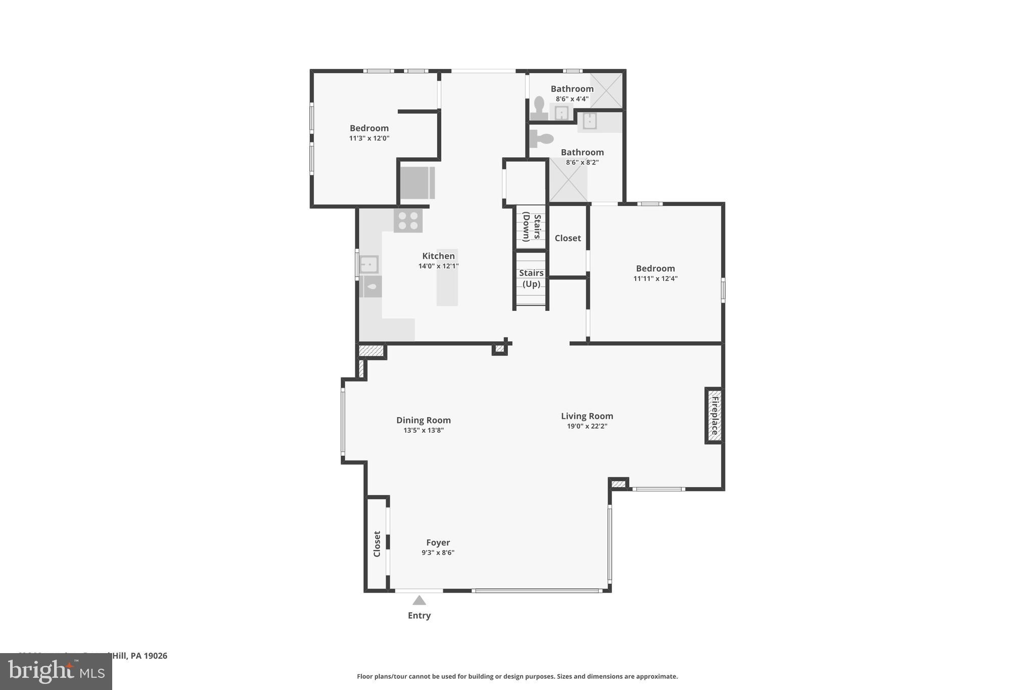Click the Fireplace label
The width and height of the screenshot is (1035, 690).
715,416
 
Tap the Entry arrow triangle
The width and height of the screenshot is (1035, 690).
419,600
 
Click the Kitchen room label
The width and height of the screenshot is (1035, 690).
438,256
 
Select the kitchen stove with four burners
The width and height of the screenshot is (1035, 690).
408,221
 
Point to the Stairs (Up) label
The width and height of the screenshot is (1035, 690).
531,278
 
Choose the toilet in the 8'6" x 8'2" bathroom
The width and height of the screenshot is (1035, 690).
541,139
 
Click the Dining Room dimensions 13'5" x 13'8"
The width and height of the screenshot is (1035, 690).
424,430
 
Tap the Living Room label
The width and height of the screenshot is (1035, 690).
587,416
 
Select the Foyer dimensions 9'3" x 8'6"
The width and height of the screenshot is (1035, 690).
438,553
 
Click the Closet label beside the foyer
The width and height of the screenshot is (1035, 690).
377,544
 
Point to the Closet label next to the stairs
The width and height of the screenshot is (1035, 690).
568,238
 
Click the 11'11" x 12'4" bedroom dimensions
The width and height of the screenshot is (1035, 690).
655,279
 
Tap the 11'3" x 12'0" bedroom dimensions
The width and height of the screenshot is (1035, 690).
369,138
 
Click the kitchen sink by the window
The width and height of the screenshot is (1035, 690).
369,264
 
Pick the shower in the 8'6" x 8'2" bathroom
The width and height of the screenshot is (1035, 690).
568,180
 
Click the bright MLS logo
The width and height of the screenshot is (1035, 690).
56,672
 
